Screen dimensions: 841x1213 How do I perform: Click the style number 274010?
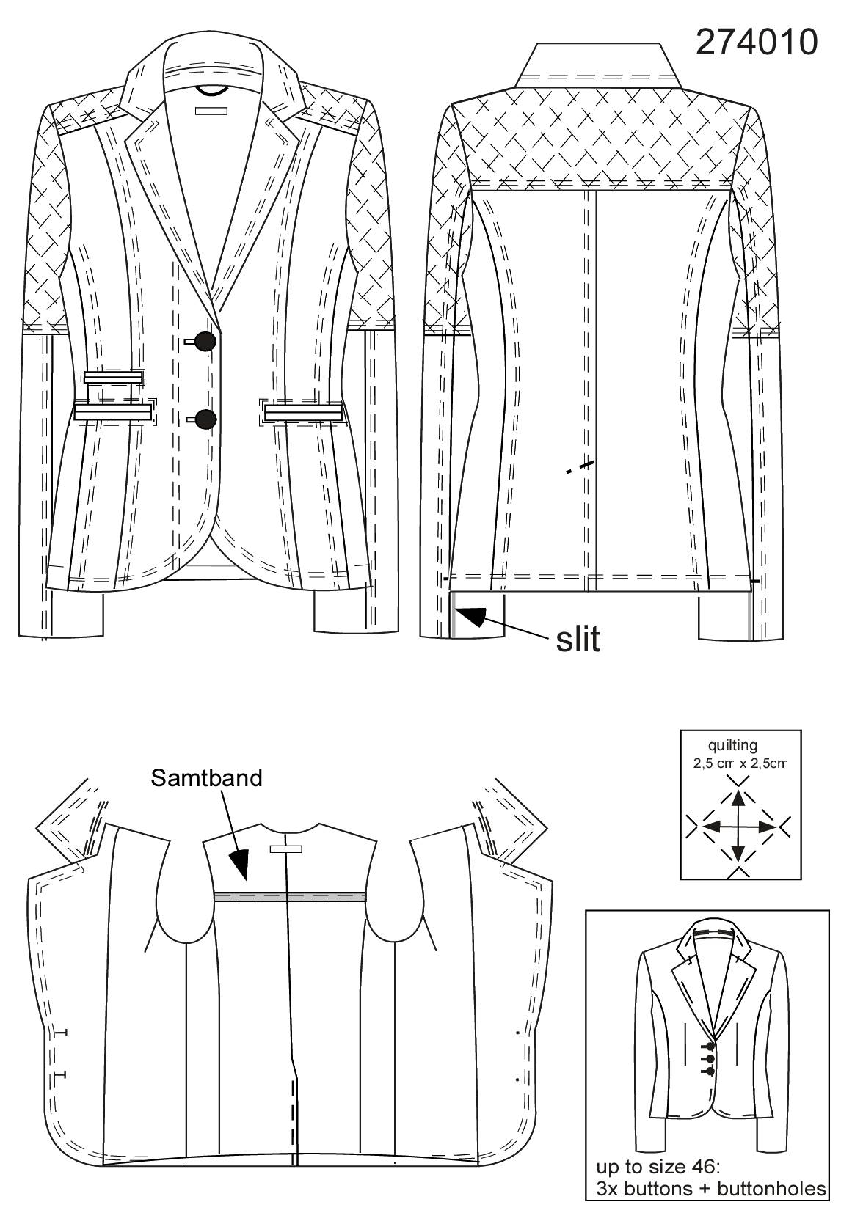pos(757,43)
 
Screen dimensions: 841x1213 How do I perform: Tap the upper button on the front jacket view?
pos(206,341)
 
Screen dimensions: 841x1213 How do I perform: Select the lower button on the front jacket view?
pos(206,419)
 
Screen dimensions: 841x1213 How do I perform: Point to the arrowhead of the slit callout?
pos(471,616)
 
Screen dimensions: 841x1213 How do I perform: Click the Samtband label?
pos(206,778)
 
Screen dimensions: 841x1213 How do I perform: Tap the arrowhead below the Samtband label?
pos(240,864)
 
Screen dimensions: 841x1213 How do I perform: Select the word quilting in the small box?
pos(732,747)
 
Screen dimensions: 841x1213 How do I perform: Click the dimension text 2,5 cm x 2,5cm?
pos(740,763)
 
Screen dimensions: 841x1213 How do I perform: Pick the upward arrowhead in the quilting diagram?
pos(737,800)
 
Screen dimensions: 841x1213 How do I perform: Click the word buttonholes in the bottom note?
pos(771,1189)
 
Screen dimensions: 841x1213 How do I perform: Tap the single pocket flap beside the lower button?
pos(303,414)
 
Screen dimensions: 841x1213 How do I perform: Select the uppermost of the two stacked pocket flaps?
pos(113,377)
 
